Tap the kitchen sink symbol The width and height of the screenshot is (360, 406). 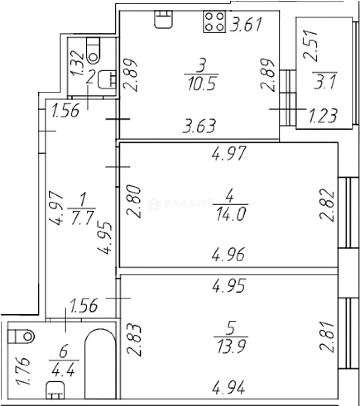tap(164, 19)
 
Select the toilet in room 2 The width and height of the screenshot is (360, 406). tap(93, 51)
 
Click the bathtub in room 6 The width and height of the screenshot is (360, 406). tap(100, 364)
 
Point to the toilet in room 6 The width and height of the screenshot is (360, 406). tap(21, 336)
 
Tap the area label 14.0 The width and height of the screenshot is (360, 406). tap(231, 214)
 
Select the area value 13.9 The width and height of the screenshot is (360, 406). tap(231, 347)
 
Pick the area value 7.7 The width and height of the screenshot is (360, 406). tap(82, 218)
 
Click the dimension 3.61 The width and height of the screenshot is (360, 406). tap(247, 24)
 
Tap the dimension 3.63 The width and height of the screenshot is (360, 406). tap(199, 126)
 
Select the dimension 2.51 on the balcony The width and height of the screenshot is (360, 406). tap(310, 45)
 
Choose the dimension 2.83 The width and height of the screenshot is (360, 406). tap(134, 340)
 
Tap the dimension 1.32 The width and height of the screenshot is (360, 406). tap(78, 63)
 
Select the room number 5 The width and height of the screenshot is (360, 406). tap(231, 328)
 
